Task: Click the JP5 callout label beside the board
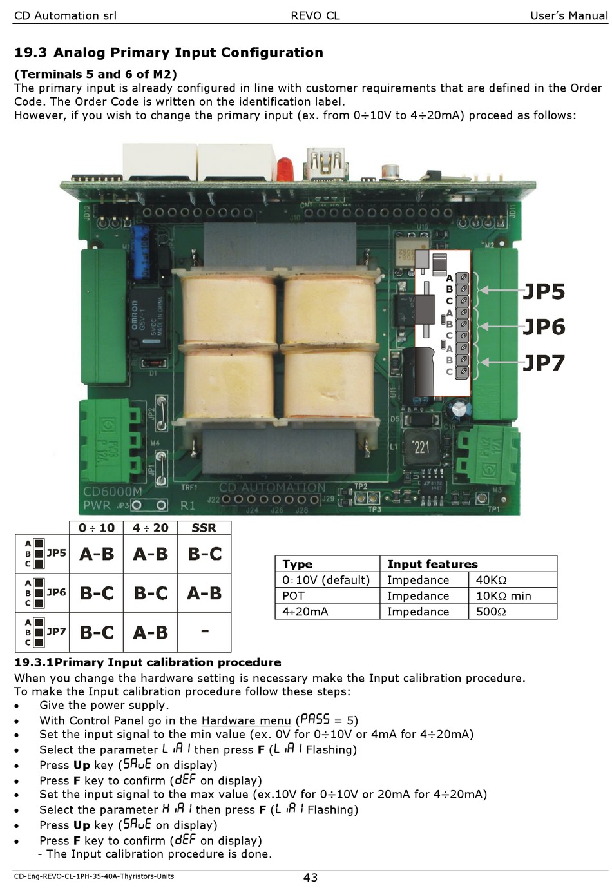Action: click(544, 291)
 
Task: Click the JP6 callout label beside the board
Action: click(544, 327)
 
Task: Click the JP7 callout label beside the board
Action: click(544, 363)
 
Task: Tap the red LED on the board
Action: click(284, 169)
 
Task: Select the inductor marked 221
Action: click(420, 447)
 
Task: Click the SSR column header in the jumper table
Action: click(204, 528)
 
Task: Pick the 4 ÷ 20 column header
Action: click(150, 528)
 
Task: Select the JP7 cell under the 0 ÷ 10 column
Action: click(97, 632)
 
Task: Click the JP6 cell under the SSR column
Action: click(204, 593)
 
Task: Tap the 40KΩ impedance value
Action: click(491, 580)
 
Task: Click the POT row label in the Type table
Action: click(293, 596)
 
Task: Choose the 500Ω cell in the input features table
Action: click(491, 612)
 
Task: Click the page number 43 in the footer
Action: click(310, 878)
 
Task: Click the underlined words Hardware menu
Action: click(246, 720)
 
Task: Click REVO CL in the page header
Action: click(315, 15)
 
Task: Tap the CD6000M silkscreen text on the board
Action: click(112, 492)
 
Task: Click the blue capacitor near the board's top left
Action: click(139, 251)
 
